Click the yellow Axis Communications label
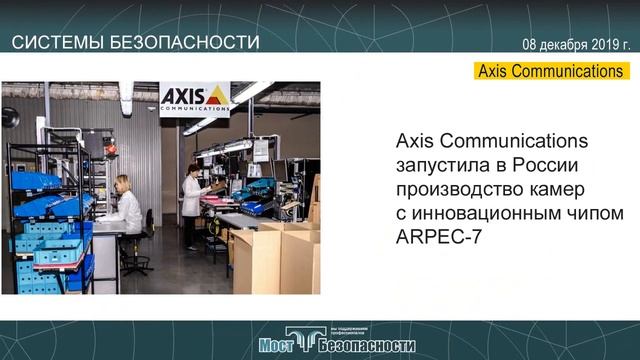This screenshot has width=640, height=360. pos(551,71)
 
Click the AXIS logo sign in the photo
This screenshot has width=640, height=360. pos(194,98)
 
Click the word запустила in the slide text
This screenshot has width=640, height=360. pos(441,163)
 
